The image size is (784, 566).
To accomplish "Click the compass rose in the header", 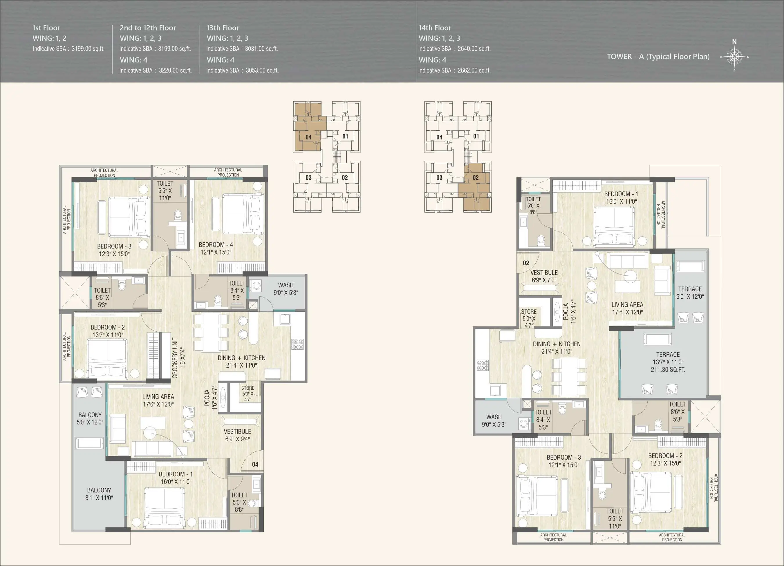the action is [x=734, y=56].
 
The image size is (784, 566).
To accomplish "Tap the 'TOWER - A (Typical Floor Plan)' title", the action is [x=658, y=57].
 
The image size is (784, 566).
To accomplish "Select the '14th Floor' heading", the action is [x=435, y=28].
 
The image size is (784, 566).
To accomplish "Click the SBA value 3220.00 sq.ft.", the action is [x=175, y=70].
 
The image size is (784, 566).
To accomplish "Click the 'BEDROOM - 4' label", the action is [x=216, y=245].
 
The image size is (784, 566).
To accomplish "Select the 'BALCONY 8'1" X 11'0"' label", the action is [x=99, y=494].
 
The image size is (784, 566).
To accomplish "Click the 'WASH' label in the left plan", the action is [x=286, y=285].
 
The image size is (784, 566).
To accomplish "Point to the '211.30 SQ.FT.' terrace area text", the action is [x=668, y=369].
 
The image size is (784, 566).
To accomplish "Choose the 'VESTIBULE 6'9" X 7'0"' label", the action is [x=544, y=276].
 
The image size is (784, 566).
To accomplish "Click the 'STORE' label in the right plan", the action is [x=529, y=312].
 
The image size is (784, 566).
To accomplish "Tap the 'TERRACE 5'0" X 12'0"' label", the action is [x=690, y=293].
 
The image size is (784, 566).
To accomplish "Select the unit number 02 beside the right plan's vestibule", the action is [x=526, y=263].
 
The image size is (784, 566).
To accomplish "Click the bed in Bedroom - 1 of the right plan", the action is [x=614, y=227].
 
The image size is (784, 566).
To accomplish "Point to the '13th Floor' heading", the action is [x=223, y=28].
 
